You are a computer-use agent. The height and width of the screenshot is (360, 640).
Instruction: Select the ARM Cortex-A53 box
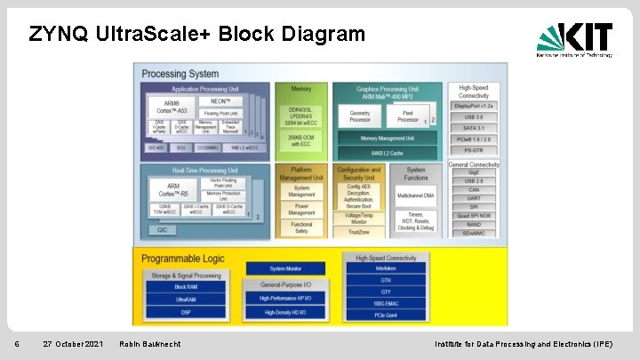(x=164, y=108)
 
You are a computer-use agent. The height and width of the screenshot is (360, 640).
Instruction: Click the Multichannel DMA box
(x=416, y=193)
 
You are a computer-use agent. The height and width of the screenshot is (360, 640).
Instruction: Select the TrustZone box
(x=358, y=232)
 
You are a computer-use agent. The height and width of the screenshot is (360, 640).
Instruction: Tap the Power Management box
(x=301, y=209)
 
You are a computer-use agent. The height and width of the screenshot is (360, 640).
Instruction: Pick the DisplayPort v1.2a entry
(x=474, y=105)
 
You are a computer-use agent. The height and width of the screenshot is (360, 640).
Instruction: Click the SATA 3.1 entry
(x=474, y=128)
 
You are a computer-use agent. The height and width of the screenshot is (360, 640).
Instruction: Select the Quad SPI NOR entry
(x=474, y=215)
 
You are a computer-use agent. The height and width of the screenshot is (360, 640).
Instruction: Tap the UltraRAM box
(x=186, y=300)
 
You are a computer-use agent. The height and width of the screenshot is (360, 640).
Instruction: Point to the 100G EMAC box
(x=386, y=303)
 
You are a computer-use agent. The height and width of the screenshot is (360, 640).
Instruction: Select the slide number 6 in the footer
(x=5, y=344)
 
